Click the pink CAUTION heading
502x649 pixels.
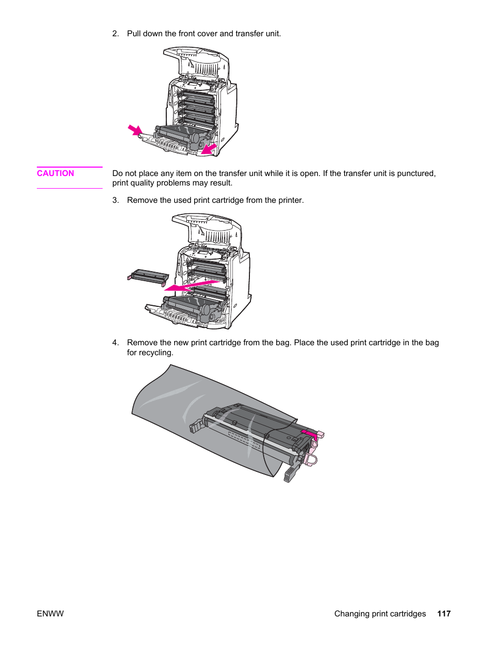55,173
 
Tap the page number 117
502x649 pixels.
444,613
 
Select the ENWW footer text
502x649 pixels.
50,613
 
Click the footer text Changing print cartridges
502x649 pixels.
380,613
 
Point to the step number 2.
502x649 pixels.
115,34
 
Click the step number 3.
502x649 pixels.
115,200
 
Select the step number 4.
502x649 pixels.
115,343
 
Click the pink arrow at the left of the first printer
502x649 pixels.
135,130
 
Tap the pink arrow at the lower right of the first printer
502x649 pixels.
209,149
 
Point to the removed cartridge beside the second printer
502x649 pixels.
149,276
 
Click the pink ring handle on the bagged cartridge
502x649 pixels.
310,460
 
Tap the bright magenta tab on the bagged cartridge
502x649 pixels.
309,434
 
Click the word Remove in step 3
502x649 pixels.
142,200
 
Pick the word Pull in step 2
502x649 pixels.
134,34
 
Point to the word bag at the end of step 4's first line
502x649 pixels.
431,343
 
